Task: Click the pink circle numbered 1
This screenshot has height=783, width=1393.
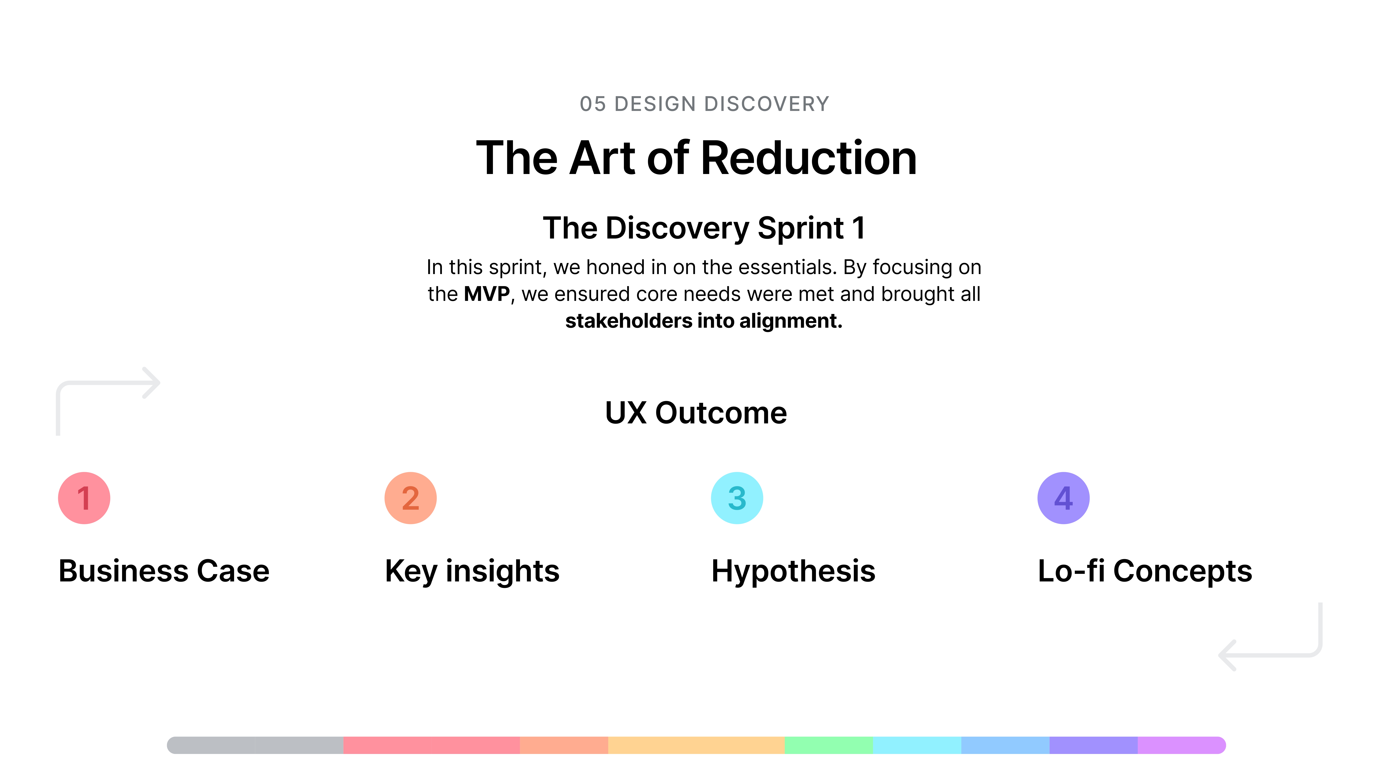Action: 84,498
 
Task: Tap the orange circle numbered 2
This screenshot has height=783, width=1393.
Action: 410,498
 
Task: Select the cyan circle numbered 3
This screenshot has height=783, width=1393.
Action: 737,498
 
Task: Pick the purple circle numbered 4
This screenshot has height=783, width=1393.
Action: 1064,498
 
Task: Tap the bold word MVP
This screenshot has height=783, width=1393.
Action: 487,294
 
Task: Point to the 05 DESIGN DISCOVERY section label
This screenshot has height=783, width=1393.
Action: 705,104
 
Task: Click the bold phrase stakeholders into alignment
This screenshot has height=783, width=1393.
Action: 703,321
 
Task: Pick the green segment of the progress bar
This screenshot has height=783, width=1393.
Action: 828,745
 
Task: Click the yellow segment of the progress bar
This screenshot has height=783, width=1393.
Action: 696,745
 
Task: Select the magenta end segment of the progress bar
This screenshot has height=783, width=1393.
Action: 1182,745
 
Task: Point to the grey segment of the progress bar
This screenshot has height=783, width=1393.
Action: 255,745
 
